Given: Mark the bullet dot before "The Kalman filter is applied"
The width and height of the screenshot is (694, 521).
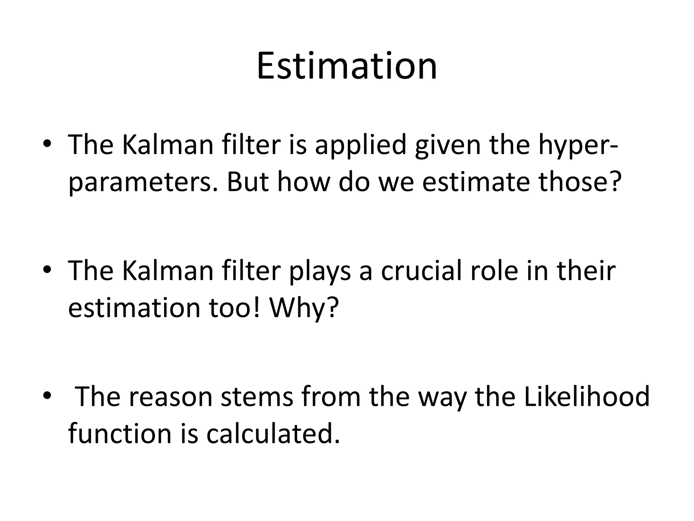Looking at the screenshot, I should coord(47,144).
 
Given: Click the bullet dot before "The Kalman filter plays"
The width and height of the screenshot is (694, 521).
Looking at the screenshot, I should coord(47,270).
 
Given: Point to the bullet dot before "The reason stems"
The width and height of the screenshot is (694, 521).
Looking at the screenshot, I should coord(47,396).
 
